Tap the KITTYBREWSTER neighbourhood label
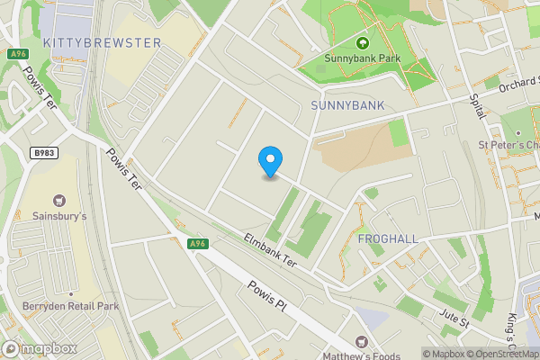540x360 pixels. pos(102,42)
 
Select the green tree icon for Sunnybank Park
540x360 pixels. pos(363,42)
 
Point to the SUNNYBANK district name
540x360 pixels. pos(347,105)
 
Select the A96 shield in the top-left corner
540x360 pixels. pos(17,54)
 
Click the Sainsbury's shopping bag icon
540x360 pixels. pos(60,200)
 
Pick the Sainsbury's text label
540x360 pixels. pos(59,217)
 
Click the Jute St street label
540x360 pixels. pos(455,319)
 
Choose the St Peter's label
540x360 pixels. pos(508,145)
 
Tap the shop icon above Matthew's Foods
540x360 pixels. pos(363,342)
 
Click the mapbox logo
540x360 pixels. pos(40,348)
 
